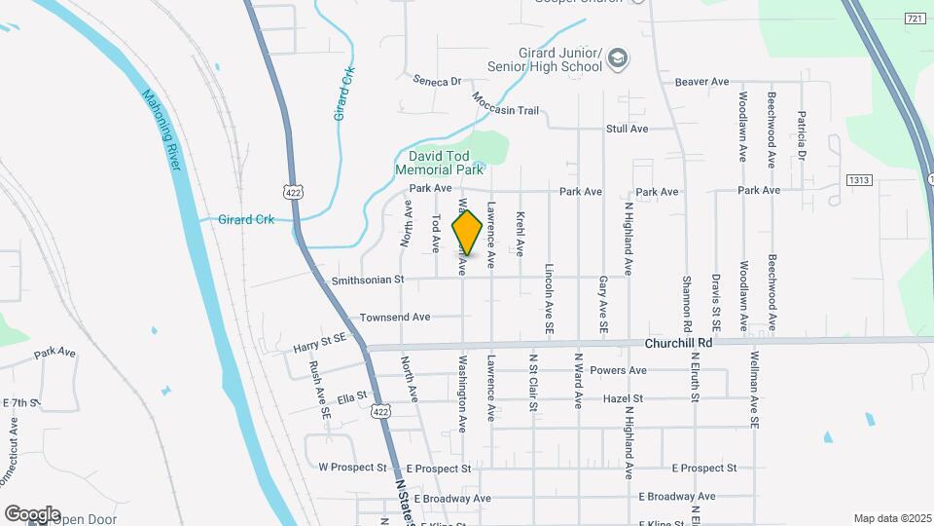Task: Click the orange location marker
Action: coord(467,233)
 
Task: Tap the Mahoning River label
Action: coord(162,130)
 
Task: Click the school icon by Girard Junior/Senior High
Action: coord(617,60)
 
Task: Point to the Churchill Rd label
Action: coord(679,343)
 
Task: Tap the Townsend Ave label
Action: coord(395,317)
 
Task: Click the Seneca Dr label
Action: coord(436,81)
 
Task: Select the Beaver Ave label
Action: coord(701,82)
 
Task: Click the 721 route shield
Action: coord(914,19)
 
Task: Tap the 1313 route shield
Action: coord(858,180)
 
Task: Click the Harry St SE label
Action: coord(320,344)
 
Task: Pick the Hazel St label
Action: coord(623,398)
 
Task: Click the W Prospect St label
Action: coord(352,468)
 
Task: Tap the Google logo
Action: coord(32,513)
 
